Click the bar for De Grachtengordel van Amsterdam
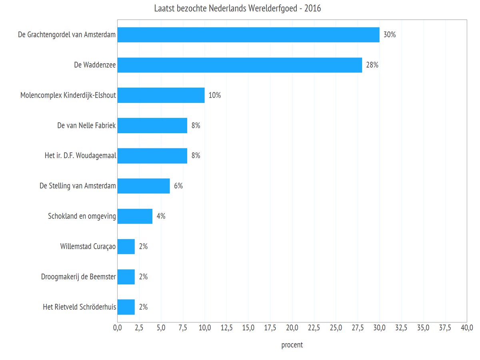pyautogui.click(x=248, y=35)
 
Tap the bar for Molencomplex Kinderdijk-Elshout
pyautogui.click(x=161, y=95)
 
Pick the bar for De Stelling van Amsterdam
pyautogui.click(x=143, y=186)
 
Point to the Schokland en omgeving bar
pyautogui.click(x=135, y=216)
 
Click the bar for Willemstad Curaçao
pyautogui.click(x=126, y=246)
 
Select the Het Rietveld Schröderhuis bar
pyautogui.click(x=126, y=307)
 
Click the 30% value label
pyautogui.click(x=390, y=35)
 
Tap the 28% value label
pyautogui.click(x=372, y=65)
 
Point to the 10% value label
pyautogui.click(x=215, y=95)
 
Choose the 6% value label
pyautogui.click(x=178, y=186)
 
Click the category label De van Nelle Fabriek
pyautogui.click(x=86, y=126)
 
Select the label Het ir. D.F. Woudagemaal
pyautogui.click(x=80, y=156)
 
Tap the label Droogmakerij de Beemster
pyautogui.click(x=78, y=277)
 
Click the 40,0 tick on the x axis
pyautogui.click(x=467, y=328)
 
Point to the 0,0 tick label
pyautogui.click(x=117, y=328)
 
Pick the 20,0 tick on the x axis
pyautogui.click(x=292, y=328)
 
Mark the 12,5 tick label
pyautogui.click(x=226, y=328)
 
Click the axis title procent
pyautogui.click(x=292, y=345)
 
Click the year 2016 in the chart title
pyautogui.click(x=313, y=8)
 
